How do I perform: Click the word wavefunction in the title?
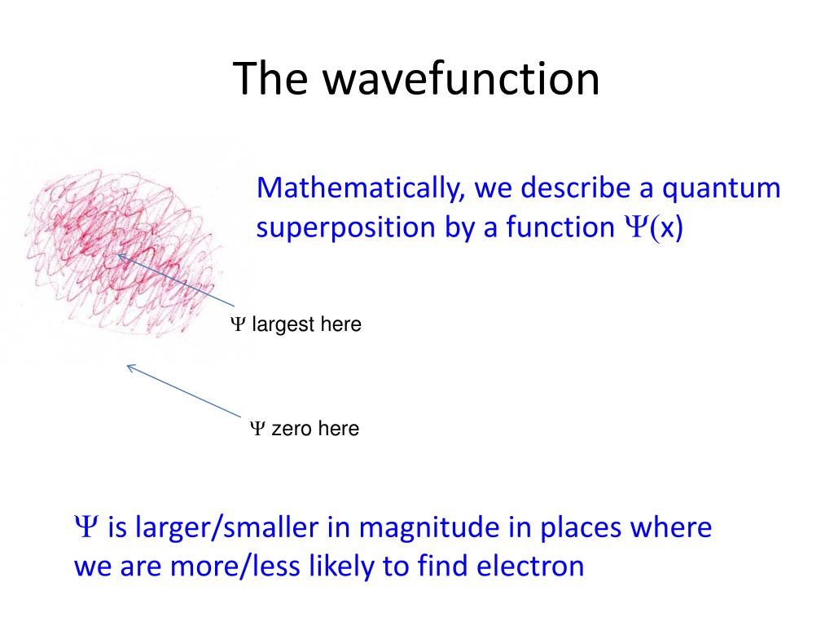pos(461,79)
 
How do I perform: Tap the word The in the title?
pos(270,79)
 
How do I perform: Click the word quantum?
pos(722,189)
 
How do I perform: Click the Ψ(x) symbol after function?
pos(654,227)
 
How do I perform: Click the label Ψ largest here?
pos(296,324)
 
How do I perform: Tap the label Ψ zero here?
pos(305,429)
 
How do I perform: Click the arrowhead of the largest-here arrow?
pos(121,257)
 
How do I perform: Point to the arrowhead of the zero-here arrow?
pos(130,368)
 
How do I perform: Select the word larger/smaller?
pos(227,527)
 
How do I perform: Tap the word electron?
pos(530,566)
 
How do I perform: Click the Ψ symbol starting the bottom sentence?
pos(86,527)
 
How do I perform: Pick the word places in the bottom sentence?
pos(581,528)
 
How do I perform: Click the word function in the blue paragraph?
pos(560,227)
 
